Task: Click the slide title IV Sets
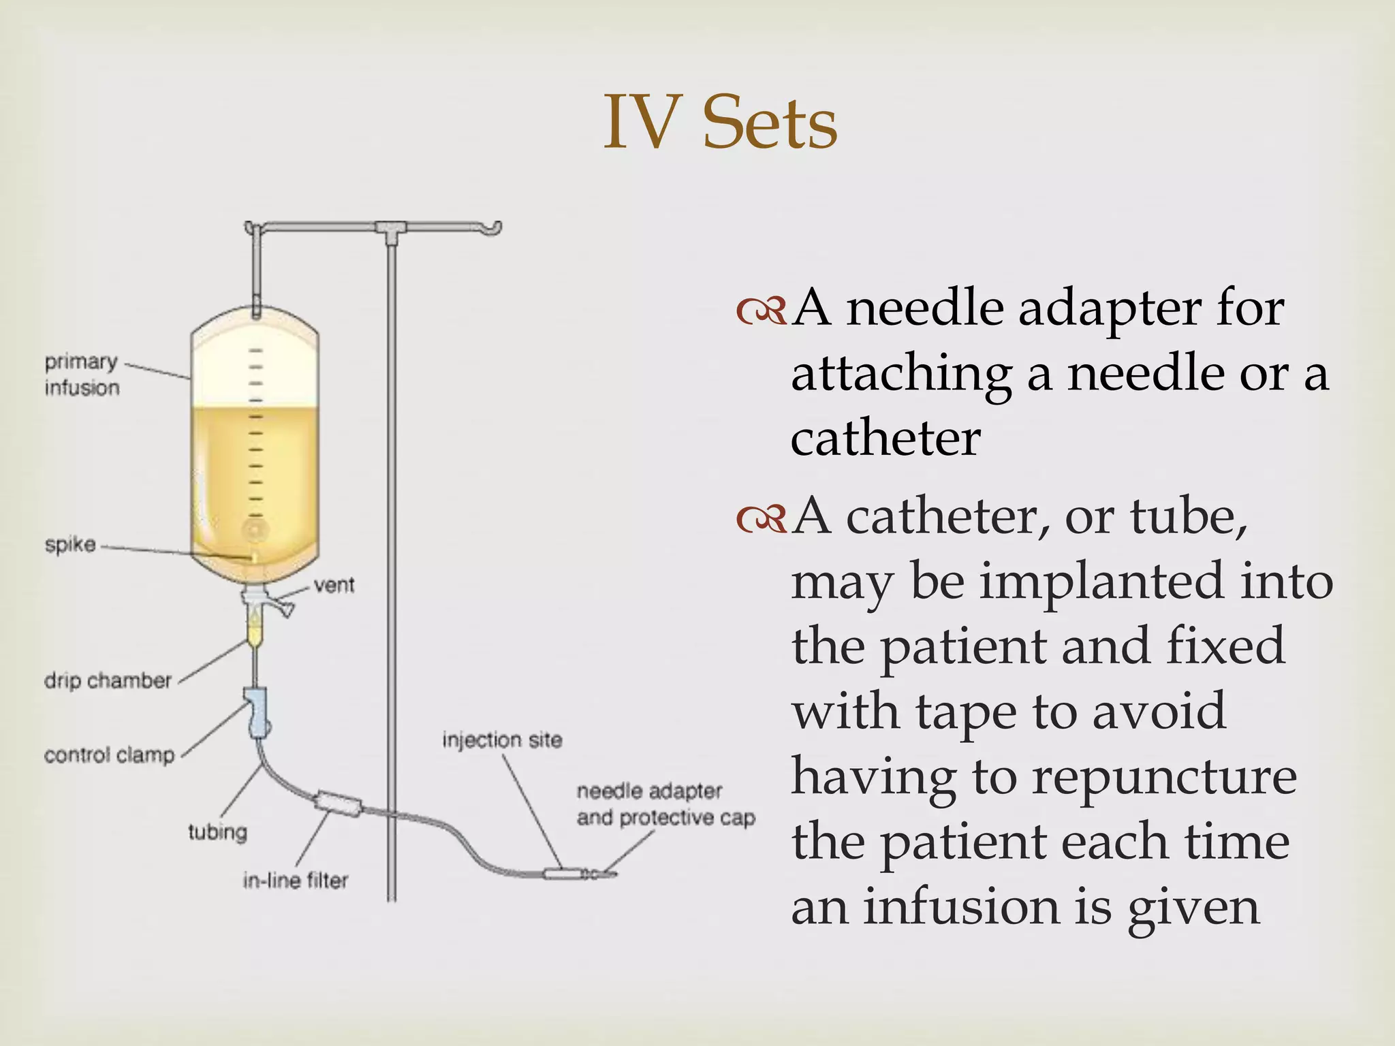(x=720, y=123)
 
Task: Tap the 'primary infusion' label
(x=82, y=374)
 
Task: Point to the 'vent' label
(x=334, y=584)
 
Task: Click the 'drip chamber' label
(x=108, y=680)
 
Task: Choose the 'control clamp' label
(x=109, y=755)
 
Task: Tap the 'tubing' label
(x=217, y=831)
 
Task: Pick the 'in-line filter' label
(x=295, y=881)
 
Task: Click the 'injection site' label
(x=502, y=740)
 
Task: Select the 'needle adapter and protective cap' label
(x=665, y=804)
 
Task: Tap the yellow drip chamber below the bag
(x=254, y=630)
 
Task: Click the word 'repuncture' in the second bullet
(x=1164, y=777)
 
